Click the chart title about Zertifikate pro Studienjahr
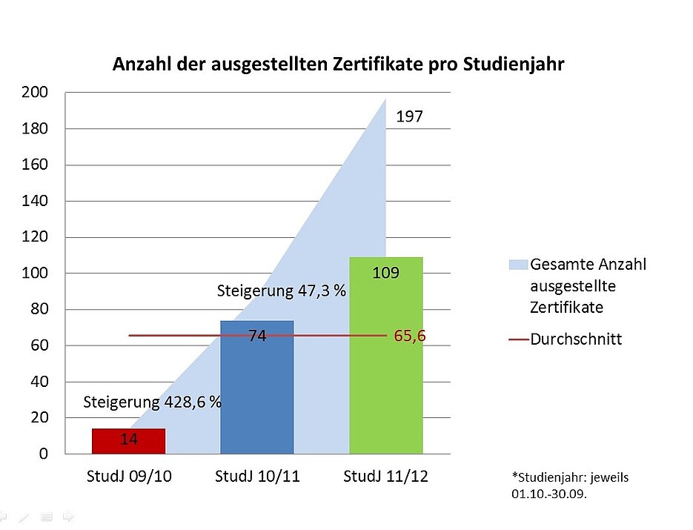[x=339, y=64]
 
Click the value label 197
[x=409, y=116]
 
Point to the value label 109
[x=386, y=273]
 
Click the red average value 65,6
[x=410, y=336]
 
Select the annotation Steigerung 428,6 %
[x=153, y=403]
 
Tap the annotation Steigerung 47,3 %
[x=282, y=291]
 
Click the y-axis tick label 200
[x=36, y=93]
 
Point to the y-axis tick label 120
[x=36, y=237]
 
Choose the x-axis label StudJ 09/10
[x=128, y=477]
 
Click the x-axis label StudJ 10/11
[x=257, y=477]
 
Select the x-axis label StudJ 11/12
[x=386, y=477]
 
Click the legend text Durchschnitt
[x=576, y=339]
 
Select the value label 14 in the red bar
[x=128, y=440]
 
